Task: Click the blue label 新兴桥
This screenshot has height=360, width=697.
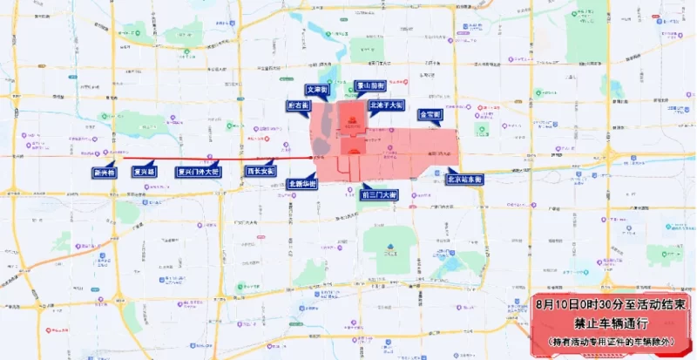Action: pyautogui.click(x=104, y=173)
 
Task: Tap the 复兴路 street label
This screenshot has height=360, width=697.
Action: pyautogui.click(x=144, y=172)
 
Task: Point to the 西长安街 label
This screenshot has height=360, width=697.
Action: pyautogui.click(x=260, y=171)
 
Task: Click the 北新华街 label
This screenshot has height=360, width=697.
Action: pyautogui.click(x=302, y=183)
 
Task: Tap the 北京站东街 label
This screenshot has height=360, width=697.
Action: pyautogui.click(x=464, y=179)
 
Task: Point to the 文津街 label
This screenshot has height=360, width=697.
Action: pyautogui.click(x=316, y=89)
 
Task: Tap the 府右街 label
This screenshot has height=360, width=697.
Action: pyautogui.click(x=298, y=105)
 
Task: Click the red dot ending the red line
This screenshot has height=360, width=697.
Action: pyautogui.click(x=313, y=158)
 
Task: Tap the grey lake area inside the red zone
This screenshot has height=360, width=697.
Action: pyautogui.click(x=323, y=131)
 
